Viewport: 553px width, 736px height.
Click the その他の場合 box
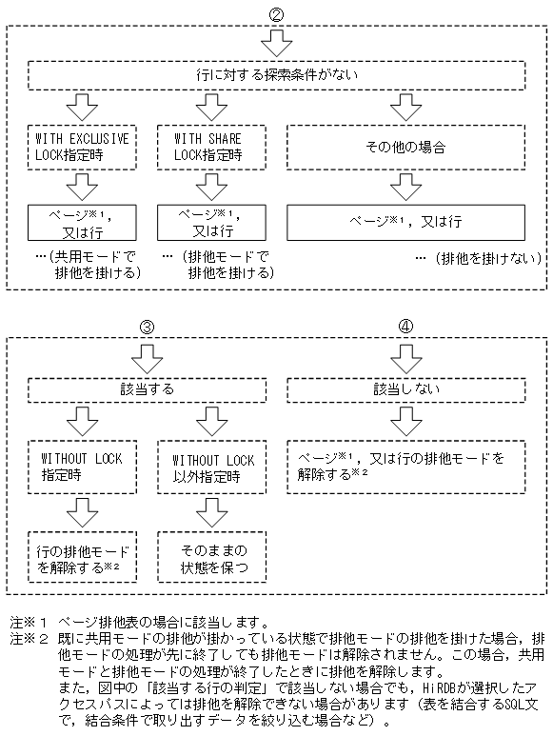point(406,147)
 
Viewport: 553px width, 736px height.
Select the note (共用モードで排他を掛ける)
point(91,265)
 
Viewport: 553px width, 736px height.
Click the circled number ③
point(148,326)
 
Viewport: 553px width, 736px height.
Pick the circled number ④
point(406,326)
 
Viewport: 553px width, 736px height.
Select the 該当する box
point(148,390)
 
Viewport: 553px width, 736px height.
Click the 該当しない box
point(406,390)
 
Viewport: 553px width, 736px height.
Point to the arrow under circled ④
point(406,357)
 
